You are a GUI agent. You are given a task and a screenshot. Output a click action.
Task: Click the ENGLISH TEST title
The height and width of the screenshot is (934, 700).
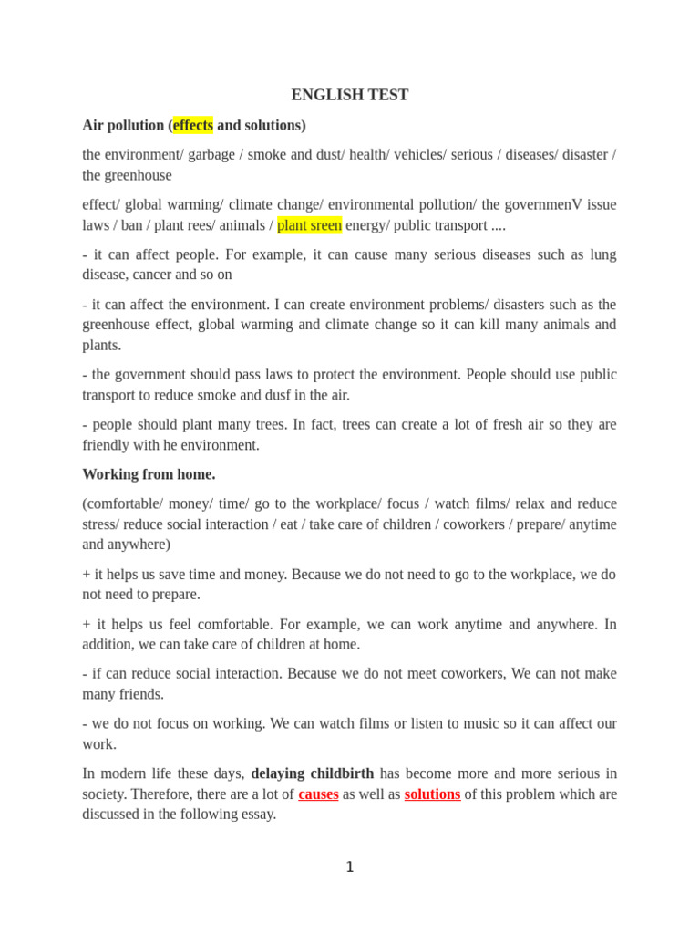tap(349, 95)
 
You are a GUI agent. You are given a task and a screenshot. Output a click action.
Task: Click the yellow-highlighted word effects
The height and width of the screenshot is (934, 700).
tap(192, 125)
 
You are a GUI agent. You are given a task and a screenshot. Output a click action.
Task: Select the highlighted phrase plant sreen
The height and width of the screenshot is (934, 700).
tap(309, 225)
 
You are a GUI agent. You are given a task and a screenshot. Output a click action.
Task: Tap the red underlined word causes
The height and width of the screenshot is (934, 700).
tap(318, 794)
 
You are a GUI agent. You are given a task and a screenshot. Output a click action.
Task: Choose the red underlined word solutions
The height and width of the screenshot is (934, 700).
tap(432, 794)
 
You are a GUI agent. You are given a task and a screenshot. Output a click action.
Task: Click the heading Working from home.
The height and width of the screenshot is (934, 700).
tap(149, 474)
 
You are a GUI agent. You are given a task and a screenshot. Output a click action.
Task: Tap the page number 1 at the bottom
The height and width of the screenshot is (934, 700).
tap(350, 867)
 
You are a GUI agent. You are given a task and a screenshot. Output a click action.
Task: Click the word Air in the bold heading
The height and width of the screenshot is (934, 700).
tap(94, 125)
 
